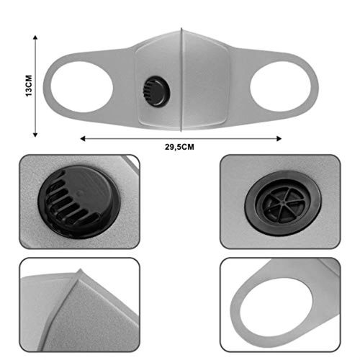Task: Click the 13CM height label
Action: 29,86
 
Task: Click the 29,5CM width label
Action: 179,147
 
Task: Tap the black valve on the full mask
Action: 156,91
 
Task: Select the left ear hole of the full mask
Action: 82,87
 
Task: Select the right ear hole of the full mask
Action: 281,87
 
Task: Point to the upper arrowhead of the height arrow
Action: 35,37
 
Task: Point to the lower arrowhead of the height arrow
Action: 35,135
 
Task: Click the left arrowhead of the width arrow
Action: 83,138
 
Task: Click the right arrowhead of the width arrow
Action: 279,138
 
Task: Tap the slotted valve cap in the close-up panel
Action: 79,202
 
